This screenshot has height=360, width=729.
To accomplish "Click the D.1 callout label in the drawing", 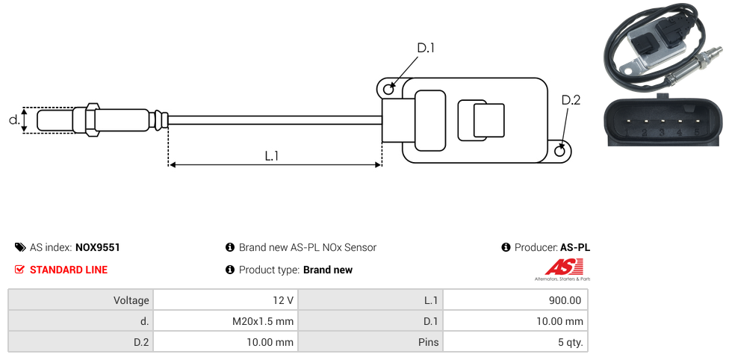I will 425,49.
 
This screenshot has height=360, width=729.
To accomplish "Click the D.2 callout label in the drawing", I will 570,101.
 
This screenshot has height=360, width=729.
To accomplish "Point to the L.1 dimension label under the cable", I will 272,155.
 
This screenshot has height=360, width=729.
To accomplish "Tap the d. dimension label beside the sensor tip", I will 13,120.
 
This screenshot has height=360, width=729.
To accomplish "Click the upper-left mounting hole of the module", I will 388,90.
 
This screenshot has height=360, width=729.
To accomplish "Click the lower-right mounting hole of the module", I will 561,152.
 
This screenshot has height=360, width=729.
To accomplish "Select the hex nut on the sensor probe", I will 92,120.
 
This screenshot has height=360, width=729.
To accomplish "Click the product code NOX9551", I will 97,247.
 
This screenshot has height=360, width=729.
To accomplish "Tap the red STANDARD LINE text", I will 68,270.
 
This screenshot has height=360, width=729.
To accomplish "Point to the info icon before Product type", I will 230,270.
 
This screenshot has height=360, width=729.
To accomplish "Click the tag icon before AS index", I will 20,247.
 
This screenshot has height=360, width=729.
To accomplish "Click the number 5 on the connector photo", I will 696,133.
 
